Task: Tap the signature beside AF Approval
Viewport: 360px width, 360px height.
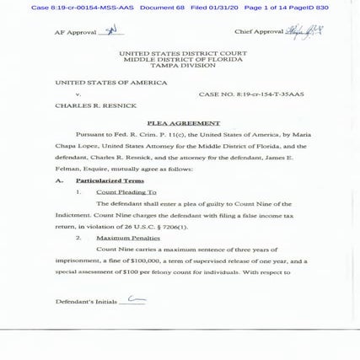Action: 110,30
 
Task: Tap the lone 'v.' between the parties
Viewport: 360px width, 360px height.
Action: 78,94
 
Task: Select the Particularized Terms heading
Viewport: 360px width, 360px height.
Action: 110,180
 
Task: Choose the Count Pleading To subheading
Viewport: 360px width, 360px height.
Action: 126,192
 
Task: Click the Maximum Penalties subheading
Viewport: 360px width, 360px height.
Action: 128,238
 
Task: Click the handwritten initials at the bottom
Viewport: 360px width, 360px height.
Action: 135,299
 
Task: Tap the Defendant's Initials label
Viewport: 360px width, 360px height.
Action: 86,301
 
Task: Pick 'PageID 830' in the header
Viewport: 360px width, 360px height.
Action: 309,8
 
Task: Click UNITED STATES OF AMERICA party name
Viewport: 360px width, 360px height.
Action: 105,83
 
